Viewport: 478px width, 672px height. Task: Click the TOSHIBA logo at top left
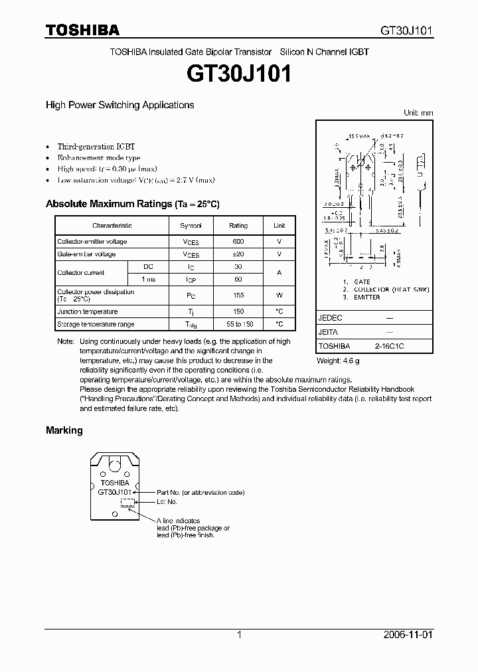[x=82, y=30]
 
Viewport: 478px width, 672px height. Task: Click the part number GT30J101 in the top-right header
[x=406, y=31]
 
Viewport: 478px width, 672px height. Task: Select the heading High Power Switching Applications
[x=119, y=105]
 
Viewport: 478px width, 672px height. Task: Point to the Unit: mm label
[x=418, y=113]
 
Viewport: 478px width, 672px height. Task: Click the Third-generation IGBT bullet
[x=96, y=146]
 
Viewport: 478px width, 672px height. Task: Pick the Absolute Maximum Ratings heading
[x=132, y=204]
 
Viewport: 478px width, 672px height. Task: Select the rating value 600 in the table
[x=238, y=242]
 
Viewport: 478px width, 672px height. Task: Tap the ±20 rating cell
[x=238, y=254]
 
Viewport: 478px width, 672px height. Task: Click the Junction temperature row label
[x=88, y=311]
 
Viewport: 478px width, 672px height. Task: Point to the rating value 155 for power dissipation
[x=238, y=295]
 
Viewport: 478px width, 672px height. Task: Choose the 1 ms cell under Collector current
[x=148, y=280]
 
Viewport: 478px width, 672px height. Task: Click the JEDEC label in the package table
[x=331, y=318]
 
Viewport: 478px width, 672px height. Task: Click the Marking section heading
[x=64, y=430]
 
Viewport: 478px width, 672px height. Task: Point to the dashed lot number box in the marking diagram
[x=126, y=503]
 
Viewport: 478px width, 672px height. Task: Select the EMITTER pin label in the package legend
[x=366, y=297]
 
